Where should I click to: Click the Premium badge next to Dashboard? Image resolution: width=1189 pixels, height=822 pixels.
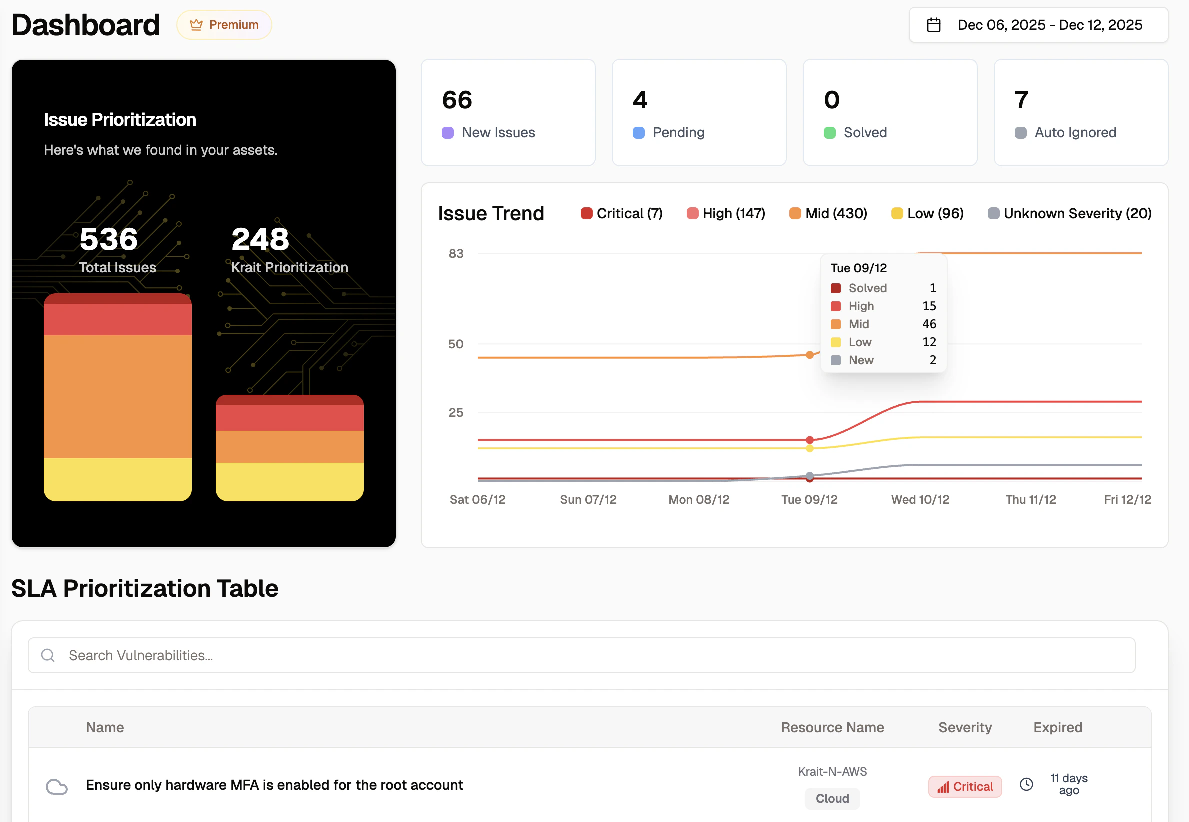[224, 24]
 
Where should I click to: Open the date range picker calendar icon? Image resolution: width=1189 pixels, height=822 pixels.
[933, 25]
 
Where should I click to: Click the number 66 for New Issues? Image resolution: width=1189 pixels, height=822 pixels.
[457, 100]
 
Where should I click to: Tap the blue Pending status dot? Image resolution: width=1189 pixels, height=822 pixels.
[638, 133]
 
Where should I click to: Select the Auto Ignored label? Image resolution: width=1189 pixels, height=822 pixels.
[1075, 133]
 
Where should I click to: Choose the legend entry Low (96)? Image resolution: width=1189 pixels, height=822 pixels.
[927, 213]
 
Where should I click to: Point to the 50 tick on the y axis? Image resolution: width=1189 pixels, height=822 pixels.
[455, 344]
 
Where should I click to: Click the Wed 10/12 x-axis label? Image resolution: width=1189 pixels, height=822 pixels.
[920, 499]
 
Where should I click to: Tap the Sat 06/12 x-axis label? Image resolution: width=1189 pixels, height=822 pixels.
[477, 499]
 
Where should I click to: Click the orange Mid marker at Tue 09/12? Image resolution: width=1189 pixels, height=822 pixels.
[809, 355]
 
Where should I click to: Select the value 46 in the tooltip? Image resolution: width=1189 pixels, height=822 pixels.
[929, 324]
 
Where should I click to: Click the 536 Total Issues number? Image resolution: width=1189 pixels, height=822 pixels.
[108, 239]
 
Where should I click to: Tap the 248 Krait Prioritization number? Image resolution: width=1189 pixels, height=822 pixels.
[260, 239]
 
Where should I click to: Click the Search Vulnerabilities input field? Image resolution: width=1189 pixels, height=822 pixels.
[582, 655]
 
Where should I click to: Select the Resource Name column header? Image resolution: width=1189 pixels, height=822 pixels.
[832, 727]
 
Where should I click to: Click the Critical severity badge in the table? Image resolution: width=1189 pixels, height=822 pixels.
[965, 786]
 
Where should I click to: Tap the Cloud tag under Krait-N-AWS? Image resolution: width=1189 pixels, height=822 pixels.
[832, 798]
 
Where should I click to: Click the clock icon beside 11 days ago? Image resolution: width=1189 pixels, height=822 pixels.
[1026, 784]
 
